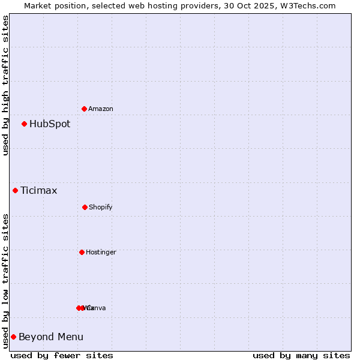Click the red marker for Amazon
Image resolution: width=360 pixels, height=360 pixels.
(x=85, y=109)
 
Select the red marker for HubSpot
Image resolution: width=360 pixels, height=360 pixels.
(x=25, y=124)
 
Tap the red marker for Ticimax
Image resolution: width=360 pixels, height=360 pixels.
(x=16, y=191)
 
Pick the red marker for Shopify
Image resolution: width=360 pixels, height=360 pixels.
(x=85, y=207)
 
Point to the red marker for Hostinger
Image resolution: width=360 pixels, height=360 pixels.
(x=82, y=252)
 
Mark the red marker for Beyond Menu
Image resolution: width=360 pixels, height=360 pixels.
(x=13, y=337)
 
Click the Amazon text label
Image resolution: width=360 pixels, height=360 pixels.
(x=100, y=109)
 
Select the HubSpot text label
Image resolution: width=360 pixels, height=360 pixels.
(x=50, y=124)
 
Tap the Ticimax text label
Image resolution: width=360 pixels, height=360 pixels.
(x=39, y=191)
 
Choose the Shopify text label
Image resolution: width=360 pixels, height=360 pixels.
(x=100, y=207)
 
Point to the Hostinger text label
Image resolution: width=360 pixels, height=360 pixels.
(x=101, y=252)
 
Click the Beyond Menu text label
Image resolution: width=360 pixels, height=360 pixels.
(x=51, y=337)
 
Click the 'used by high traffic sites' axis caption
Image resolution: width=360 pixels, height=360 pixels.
(x=5, y=86)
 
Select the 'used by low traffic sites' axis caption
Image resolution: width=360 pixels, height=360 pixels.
(x=5, y=281)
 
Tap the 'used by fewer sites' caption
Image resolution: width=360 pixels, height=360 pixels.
(x=62, y=355)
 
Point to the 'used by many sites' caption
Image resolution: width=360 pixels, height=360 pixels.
(x=301, y=355)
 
